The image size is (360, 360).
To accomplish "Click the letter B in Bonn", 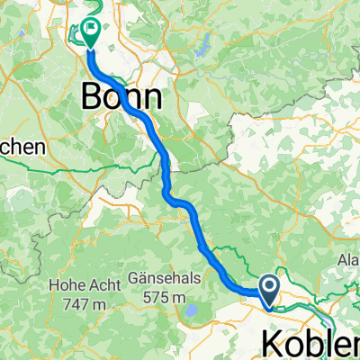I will click(x=93, y=94).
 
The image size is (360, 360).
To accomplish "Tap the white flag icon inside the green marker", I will click(x=91, y=29).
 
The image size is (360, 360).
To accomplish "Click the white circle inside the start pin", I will click(x=269, y=286).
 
